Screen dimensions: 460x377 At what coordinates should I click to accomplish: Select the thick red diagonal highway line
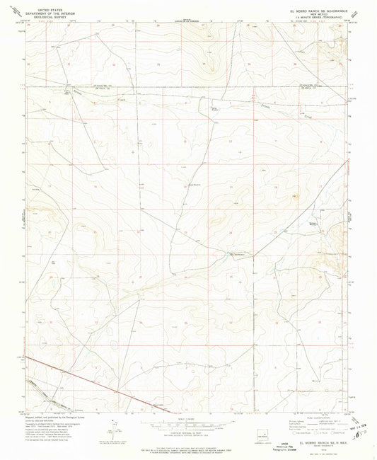pyautogui.click(x=78, y=382)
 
